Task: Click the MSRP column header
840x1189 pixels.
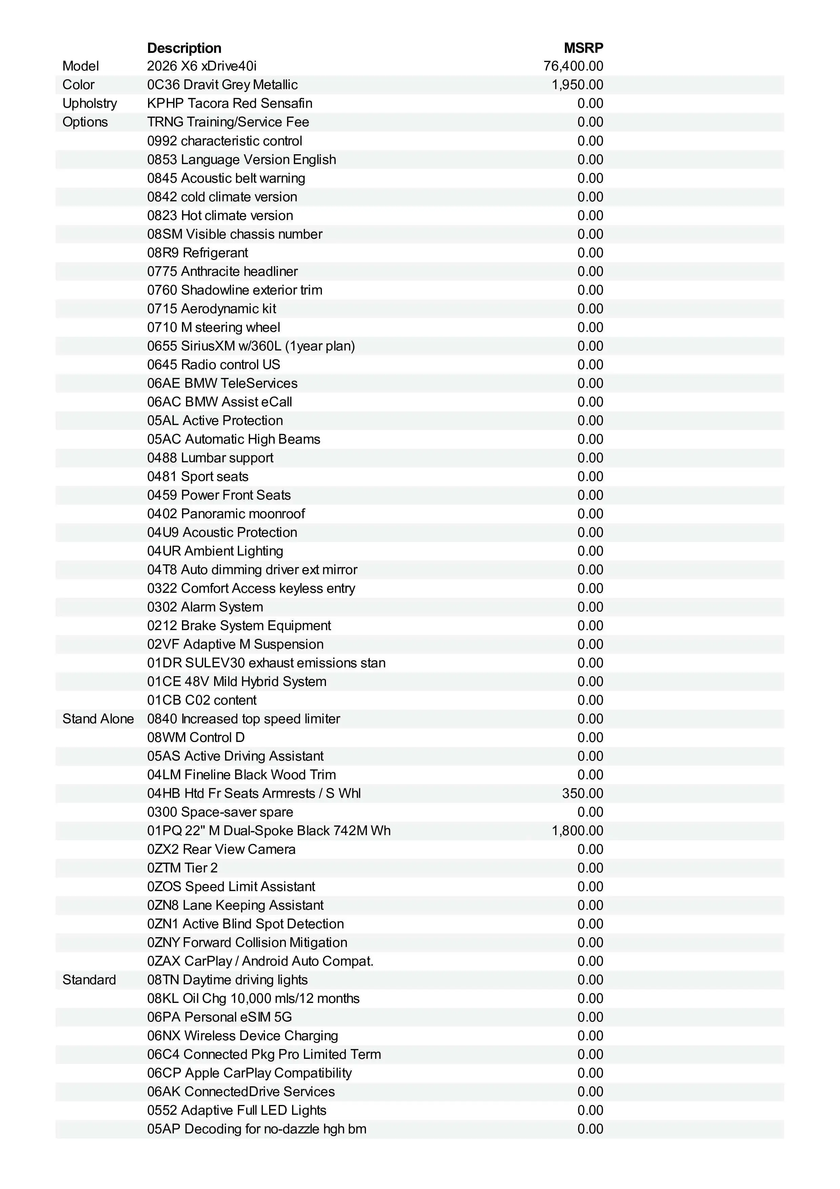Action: (x=583, y=48)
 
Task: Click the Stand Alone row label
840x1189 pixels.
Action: (x=98, y=719)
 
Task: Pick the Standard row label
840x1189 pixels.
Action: (x=89, y=980)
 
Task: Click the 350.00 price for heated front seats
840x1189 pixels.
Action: (x=582, y=793)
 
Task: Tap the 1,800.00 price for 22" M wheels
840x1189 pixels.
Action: (x=577, y=831)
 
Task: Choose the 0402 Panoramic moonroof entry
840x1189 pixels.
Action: (x=226, y=514)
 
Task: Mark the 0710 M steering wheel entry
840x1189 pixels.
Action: (x=213, y=327)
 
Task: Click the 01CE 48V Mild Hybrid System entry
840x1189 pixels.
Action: (x=237, y=682)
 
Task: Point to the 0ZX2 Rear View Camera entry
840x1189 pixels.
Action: (x=221, y=849)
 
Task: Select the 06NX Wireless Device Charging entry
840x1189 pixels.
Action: (x=242, y=1036)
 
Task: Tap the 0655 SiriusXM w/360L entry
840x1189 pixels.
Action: (x=250, y=346)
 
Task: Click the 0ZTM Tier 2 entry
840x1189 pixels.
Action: (x=182, y=868)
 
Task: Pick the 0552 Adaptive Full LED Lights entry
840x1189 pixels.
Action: (x=237, y=1110)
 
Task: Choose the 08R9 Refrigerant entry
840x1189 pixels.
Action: (x=197, y=253)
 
